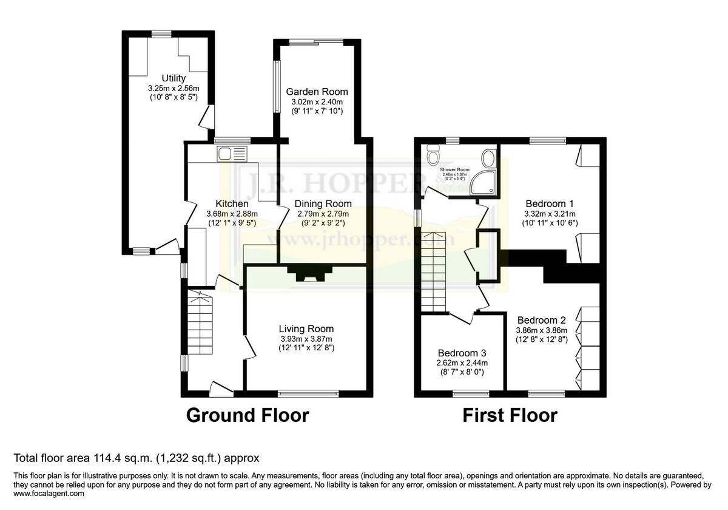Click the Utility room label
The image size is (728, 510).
[x=174, y=78]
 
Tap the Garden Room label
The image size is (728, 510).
[x=317, y=92]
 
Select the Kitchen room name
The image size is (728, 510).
[x=232, y=204]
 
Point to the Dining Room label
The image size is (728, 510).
[x=323, y=204]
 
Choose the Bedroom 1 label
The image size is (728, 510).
[x=550, y=204]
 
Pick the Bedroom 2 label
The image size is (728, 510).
[x=541, y=320]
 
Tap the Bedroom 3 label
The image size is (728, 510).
[x=462, y=353]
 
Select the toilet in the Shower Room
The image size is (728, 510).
[x=433, y=155]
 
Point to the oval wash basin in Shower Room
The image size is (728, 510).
[x=488, y=159]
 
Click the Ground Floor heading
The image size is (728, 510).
[x=247, y=416]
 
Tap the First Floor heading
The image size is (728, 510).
[x=510, y=416]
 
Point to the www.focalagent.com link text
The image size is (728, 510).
[x=49, y=494]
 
